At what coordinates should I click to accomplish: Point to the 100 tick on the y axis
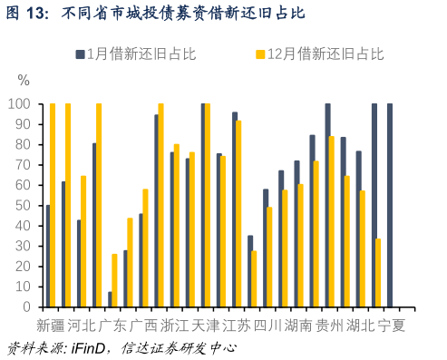coord(20,104)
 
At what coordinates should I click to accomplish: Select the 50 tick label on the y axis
coord(24,206)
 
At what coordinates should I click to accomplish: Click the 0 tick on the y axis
coord(27,307)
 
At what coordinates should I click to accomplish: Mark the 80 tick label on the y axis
coord(24,145)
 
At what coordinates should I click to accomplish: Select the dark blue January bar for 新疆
coord(47,256)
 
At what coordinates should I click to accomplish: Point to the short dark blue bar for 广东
coord(110,299)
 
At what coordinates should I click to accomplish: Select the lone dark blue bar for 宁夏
coord(390,205)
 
